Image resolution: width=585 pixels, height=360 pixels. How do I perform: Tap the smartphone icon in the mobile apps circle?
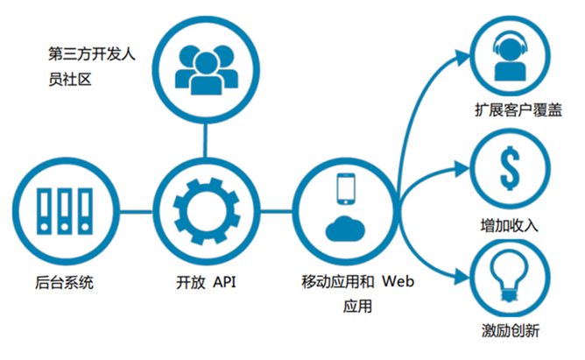click(x=346, y=189)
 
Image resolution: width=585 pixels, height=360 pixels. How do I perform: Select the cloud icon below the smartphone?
click(x=345, y=229)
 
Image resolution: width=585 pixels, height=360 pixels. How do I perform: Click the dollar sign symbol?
click(x=510, y=168)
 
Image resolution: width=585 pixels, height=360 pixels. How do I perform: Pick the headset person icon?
click(x=510, y=56)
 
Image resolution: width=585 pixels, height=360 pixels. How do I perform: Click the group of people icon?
click(x=207, y=70)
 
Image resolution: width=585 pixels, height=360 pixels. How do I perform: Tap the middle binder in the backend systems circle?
click(x=65, y=211)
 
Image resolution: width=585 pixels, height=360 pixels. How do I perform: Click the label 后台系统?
click(x=64, y=282)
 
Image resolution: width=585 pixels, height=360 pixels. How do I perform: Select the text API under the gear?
click(x=224, y=282)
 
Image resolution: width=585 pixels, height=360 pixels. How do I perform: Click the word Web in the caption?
click(x=398, y=281)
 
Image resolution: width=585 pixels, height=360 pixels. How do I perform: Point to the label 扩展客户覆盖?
click(x=518, y=110)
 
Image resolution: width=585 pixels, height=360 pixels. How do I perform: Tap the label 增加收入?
click(x=510, y=226)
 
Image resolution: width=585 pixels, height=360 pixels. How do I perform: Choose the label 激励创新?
click(x=511, y=330)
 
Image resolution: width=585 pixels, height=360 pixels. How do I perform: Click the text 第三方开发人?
click(x=92, y=54)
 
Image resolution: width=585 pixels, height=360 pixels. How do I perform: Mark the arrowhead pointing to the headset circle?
click(x=462, y=58)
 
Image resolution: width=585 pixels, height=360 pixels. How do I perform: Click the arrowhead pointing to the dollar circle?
click(x=462, y=169)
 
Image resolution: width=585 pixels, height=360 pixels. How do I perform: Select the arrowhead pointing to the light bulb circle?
click(x=462, y=278)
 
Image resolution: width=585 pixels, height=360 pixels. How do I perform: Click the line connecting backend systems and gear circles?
click(x=136, y=212)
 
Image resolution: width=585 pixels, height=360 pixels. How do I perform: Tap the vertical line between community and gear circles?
click(x=205, y=140)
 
